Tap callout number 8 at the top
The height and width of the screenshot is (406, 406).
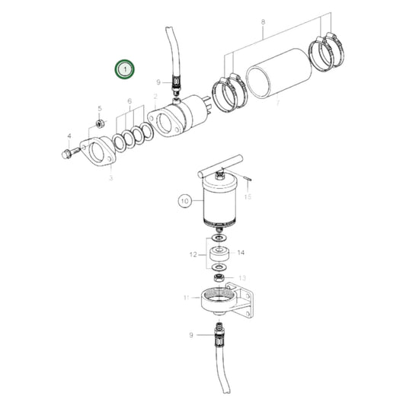point(264,24)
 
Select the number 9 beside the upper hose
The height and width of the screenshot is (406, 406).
point(159,82)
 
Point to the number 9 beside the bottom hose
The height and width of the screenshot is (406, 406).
point(191,334)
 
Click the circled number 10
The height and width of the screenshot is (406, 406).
point(184,202)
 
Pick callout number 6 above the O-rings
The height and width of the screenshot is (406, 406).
point(129,101)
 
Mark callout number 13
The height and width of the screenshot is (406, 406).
point(243,278)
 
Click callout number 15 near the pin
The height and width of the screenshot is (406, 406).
point(247,197)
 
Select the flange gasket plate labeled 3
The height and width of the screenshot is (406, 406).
point(99,152)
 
